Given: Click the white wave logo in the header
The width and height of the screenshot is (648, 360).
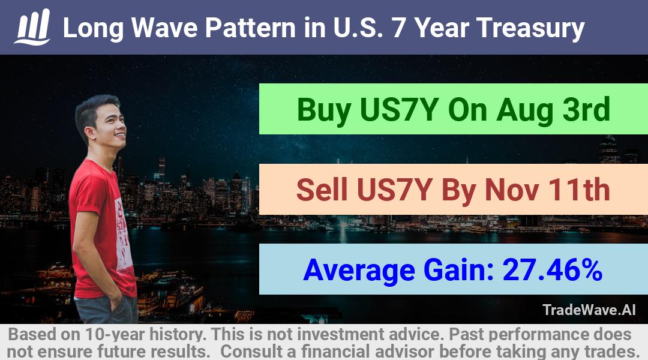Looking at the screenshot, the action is click(32, 27).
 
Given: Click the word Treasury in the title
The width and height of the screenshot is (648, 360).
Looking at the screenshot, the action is click(530, 29).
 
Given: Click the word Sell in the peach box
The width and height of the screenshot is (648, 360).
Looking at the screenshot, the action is click(322, 190).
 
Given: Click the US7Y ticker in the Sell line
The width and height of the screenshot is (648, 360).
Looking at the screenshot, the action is click(394, 190).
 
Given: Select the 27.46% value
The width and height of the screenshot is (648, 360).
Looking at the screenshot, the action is click(553, 270).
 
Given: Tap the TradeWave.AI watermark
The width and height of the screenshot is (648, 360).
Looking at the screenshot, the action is click(589, 310).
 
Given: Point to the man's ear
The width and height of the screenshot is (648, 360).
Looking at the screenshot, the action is click(89, 132).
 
